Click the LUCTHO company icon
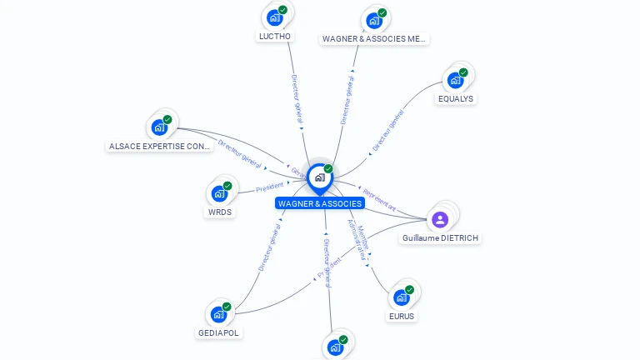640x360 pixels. click(274, 17)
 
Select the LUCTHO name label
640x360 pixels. click(275, 37)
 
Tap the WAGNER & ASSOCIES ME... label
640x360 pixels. click(374, 38)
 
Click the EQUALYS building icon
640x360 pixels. click(455, 80)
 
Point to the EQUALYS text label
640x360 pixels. click(455, 98)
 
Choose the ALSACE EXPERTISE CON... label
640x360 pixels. click(160, 146)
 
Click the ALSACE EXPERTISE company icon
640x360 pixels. click(158, 127)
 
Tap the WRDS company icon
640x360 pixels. click(219, 193)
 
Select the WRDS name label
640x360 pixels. click(220, 212)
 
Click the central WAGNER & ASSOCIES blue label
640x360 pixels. click(320, 203)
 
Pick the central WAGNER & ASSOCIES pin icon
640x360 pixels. click(319, 177)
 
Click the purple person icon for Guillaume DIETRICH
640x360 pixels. click(440, 219)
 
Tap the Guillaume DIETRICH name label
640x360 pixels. click(441, 238)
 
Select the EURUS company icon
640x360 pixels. click(402, 297)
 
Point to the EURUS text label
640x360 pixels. click(402, 316)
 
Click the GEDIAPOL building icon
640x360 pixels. click(218, 314)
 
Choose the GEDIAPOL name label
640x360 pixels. click(218, 332)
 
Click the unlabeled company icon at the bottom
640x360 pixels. click(336, 347)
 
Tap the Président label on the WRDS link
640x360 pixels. click(269, 187)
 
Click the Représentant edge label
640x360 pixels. click(379, 200)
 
